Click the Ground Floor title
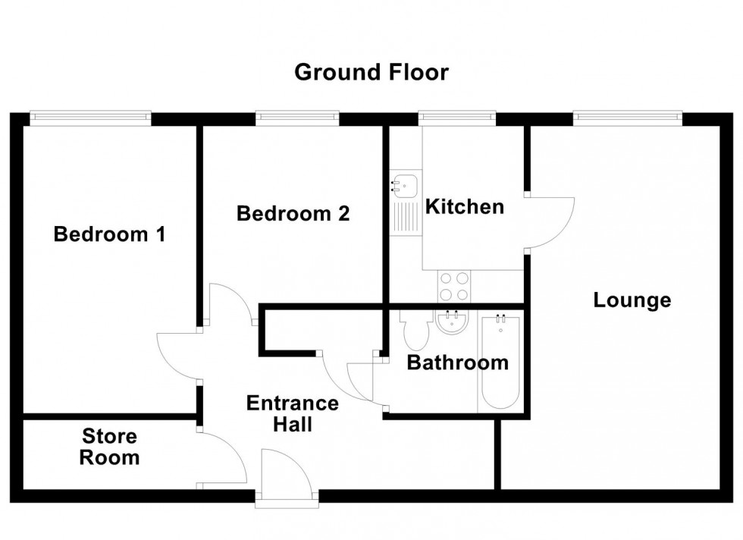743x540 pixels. [x=371, y=73]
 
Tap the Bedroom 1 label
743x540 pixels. [x=110, y=234]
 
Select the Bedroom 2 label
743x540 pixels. [x=293, y=214]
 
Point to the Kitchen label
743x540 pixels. [x=464, y=206]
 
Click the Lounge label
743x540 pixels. [x=632, y=300]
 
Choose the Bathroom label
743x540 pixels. [x=457, y=363]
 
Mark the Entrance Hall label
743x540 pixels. [x=292, y=413]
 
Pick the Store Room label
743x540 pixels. [x=110, y=447]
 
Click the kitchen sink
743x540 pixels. [x=404, y=184]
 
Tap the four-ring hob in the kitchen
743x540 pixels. [x=453, y=287]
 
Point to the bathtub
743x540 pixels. [x=500, y=361]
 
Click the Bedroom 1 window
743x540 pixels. [x=90, y=117]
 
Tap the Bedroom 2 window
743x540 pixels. [x=296, y=117]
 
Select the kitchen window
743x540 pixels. [x=457, y=117]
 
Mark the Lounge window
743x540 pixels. [x=627, y=117]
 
